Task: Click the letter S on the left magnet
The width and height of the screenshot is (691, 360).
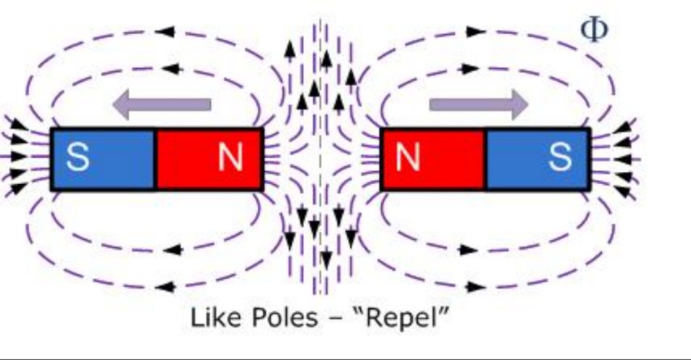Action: click(78, 157)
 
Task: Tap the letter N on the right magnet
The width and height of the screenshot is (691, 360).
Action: click(408, 157)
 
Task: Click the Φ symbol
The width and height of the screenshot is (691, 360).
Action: click(594, 29)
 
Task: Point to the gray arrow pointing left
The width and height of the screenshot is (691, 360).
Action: click(161, 104)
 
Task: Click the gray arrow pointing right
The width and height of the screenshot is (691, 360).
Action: click(479, 104)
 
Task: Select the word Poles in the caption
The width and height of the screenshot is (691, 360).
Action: click(277, 317)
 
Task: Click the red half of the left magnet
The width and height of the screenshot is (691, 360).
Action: click(208, 159)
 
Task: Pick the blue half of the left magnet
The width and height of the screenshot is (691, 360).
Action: click(103, 159)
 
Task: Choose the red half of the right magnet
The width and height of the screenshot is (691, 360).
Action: click(433, 159)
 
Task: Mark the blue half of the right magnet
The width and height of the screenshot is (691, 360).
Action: click(537, 159)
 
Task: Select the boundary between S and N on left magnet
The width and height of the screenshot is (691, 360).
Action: click(155, 159)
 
